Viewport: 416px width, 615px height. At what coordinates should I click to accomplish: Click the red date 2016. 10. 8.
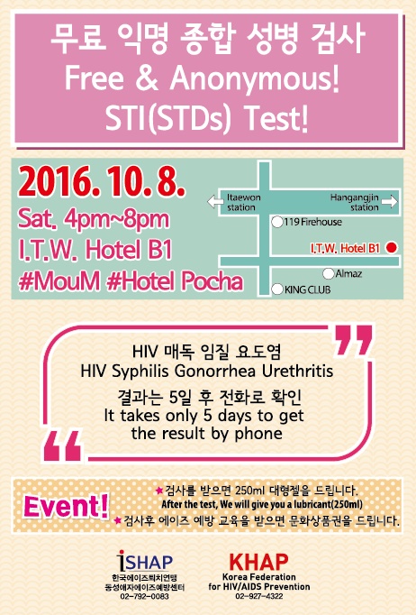click(101, 181)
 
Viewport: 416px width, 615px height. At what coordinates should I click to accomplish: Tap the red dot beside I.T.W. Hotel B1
click(392, 247)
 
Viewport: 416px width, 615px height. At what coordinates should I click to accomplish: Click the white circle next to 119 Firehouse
click(277, 222)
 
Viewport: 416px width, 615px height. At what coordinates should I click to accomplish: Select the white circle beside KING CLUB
click(277, 289)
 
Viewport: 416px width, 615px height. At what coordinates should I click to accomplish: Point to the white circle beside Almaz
click(329, 273)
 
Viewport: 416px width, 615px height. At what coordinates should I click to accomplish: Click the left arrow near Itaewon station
click(215, 202)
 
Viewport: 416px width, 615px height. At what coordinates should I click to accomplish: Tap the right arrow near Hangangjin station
click(389, 202)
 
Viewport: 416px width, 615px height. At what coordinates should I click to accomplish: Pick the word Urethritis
click(298, 371)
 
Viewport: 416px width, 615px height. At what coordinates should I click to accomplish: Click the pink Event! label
click(66, 506)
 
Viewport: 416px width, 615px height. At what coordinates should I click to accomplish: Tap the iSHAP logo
click(145, 561)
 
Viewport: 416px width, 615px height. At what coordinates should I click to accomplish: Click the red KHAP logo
click(258, 562)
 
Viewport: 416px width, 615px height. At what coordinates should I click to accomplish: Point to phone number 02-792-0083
click(144, 596)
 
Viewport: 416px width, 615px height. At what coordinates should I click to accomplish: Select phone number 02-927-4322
click(259, 596)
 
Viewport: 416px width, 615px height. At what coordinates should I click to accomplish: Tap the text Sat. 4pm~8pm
click(94, 219)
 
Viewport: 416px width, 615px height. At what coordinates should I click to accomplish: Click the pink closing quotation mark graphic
click(352, 340)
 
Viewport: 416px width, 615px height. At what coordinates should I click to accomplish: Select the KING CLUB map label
click(307, 289)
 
